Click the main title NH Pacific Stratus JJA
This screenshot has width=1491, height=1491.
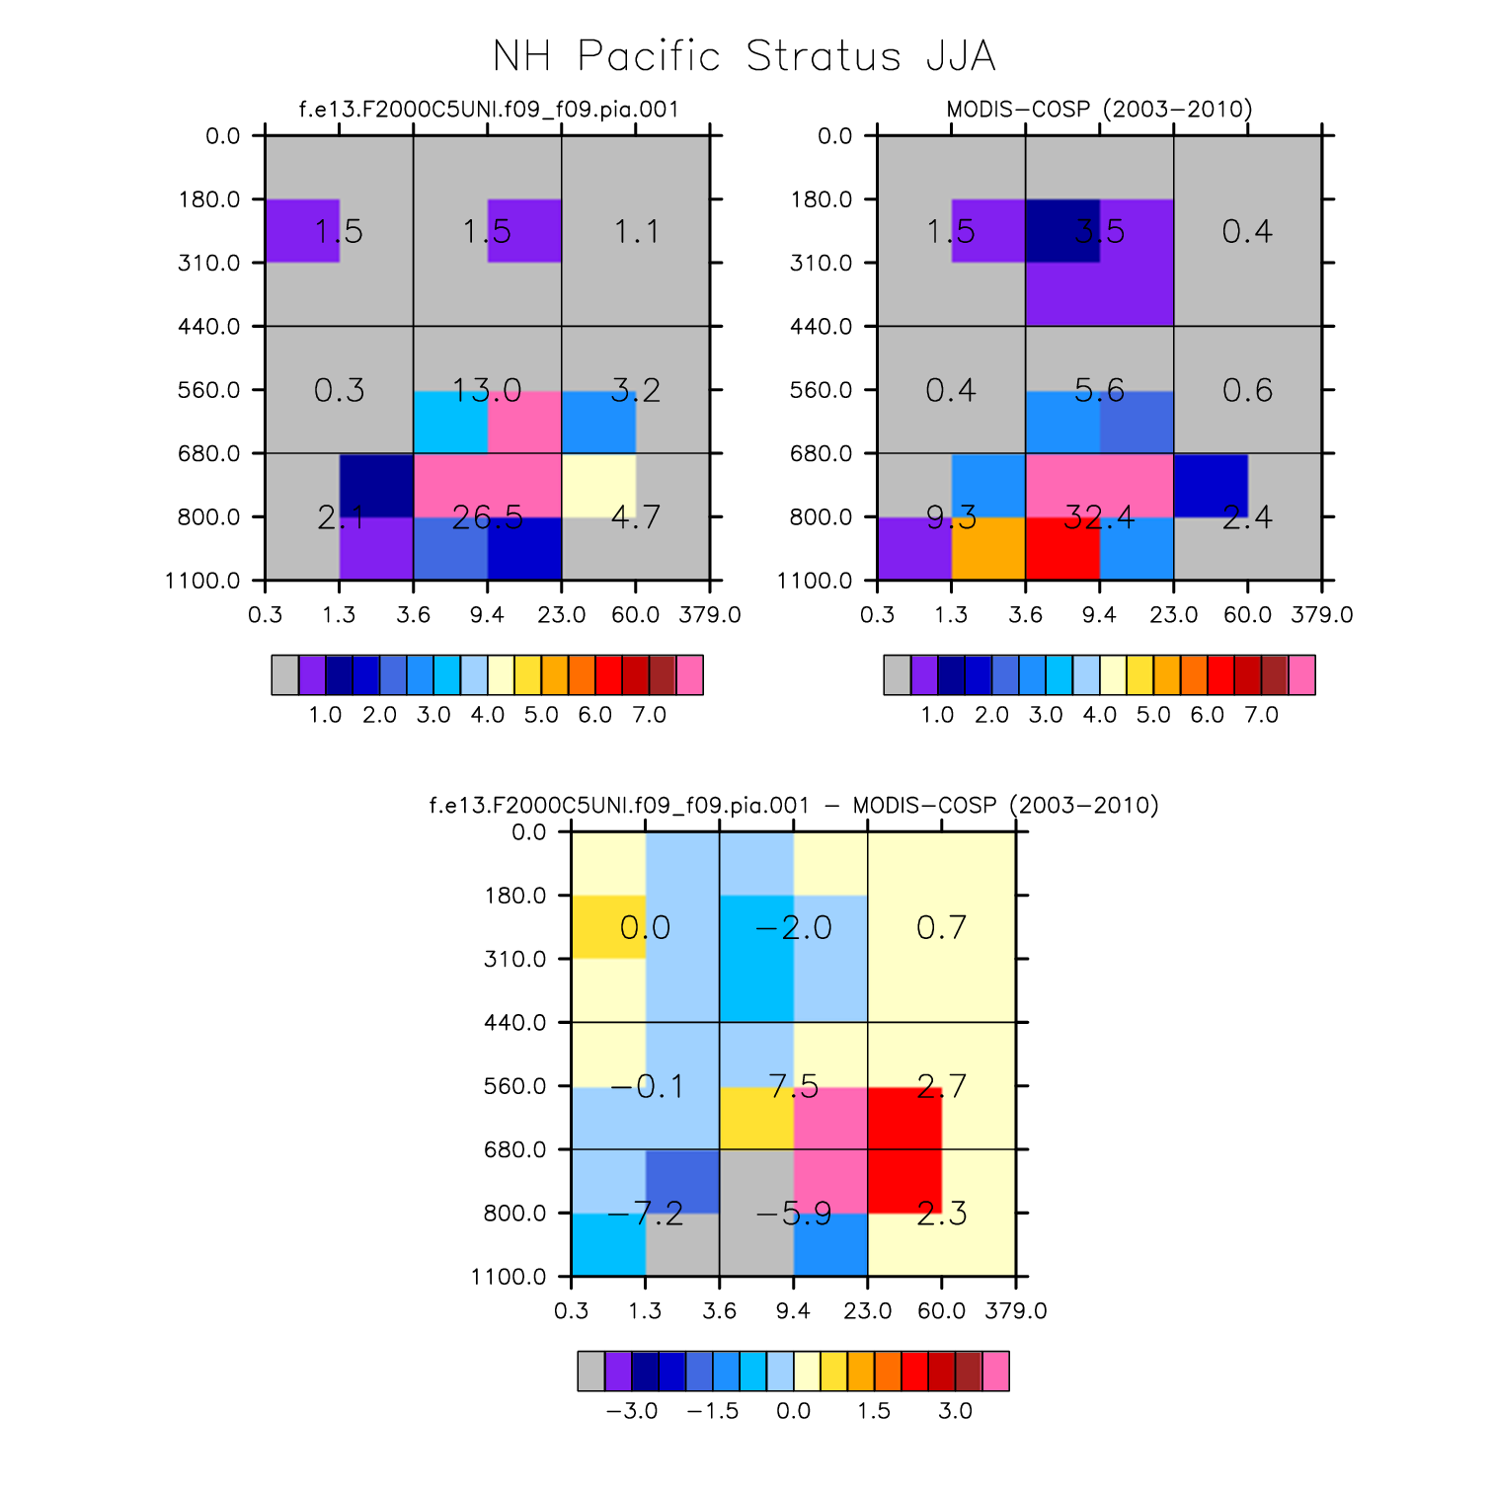coord(745,56)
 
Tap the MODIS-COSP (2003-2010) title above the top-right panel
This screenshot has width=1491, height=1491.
coord(1099,109)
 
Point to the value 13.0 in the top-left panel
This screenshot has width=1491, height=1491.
coord(487,390)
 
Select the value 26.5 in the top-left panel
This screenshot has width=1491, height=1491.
coord(487,516)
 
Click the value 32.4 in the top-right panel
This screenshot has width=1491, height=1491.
coord(1099,516)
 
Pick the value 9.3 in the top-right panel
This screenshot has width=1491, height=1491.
coord(951,516)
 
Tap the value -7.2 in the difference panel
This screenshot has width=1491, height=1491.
coord(645,1214)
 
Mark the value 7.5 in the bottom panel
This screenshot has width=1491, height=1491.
coord(794,1086)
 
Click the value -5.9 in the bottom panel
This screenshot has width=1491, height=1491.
coord(794,1214)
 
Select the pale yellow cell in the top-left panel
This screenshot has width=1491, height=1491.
coord(598,485)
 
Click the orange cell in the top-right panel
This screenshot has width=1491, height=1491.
coord(988,548)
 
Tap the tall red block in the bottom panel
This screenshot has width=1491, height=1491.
coord(904,1149)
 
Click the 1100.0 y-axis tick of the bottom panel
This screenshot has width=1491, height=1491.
coord(509,1277)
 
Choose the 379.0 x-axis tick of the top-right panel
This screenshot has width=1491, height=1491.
coord(1321,615)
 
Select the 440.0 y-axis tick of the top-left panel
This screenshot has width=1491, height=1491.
coord(209,327)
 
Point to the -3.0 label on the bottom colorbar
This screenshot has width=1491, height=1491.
coord(632,1411)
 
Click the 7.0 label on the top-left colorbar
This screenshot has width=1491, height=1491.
coord(649,715)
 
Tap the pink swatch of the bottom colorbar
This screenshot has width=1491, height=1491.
coord(995,1371)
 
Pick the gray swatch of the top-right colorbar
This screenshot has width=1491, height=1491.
coord(897,675)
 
